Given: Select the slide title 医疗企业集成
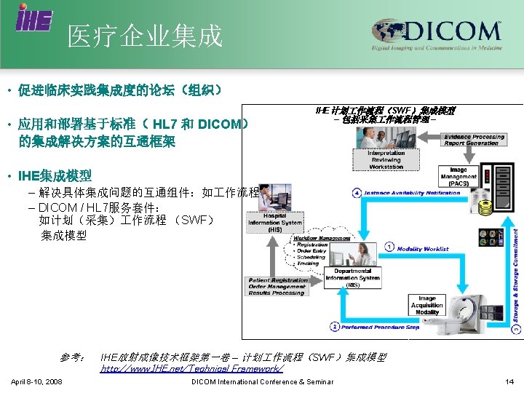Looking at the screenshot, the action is (x=145, y=35).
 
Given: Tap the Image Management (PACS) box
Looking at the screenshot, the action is (x=458, y=177).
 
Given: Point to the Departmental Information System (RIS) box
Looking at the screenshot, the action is (x=353, y=277).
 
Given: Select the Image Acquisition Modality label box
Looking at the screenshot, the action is (x=427, y=305).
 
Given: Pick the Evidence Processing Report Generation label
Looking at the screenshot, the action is (x=474, y=140).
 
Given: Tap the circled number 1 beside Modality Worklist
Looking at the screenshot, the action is (x=390, y=248).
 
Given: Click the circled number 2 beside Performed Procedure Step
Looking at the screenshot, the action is (x=334, y=327).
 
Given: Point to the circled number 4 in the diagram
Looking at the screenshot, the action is (x=357, y=193).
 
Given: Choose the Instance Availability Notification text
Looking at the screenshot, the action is (x=413, y=193).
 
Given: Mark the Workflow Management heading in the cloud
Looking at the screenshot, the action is (x=323, y=238).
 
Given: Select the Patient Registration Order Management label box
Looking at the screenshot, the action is (x=278, y=287).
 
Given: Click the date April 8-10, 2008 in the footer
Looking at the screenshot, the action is (x=36, y=382).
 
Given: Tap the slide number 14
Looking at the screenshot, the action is (x=509, y=382).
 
